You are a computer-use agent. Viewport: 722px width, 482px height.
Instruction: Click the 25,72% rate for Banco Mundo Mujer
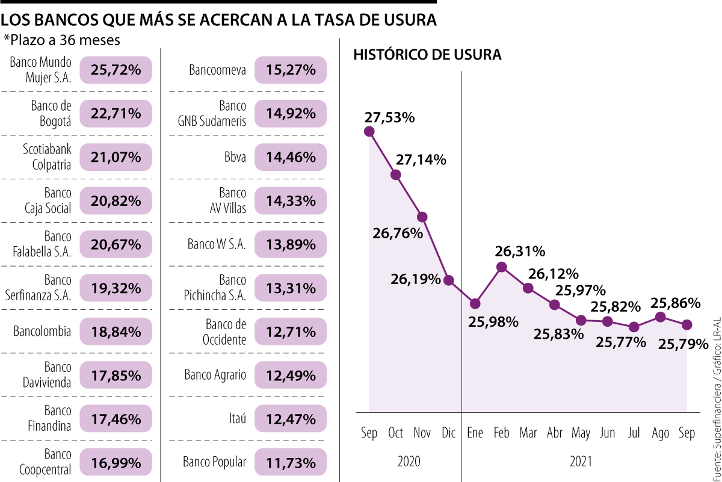pos(116,70)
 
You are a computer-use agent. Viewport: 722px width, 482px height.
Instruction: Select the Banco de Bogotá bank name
pos(51,113)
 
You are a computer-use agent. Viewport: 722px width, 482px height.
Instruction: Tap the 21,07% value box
pos(116,157)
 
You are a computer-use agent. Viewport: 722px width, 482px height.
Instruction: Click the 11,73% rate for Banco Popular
pos(291,462)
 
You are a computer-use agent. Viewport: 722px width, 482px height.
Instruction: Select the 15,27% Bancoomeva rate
pos(291,70)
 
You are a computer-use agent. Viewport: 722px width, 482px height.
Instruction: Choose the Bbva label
pos(235,157)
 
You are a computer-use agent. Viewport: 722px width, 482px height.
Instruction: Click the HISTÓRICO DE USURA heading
pos(427,55)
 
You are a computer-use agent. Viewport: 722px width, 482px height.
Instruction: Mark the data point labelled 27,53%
pos(369,131)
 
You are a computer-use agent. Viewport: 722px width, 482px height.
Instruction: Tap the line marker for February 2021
pos(502,267)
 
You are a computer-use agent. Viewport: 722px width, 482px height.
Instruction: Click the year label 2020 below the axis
pos(409,462)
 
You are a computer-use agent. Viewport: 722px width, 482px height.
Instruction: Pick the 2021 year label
pos(581,462)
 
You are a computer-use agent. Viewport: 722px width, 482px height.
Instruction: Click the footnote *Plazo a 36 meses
pos(62,40)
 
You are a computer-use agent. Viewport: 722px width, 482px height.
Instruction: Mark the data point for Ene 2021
pos(475,303)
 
